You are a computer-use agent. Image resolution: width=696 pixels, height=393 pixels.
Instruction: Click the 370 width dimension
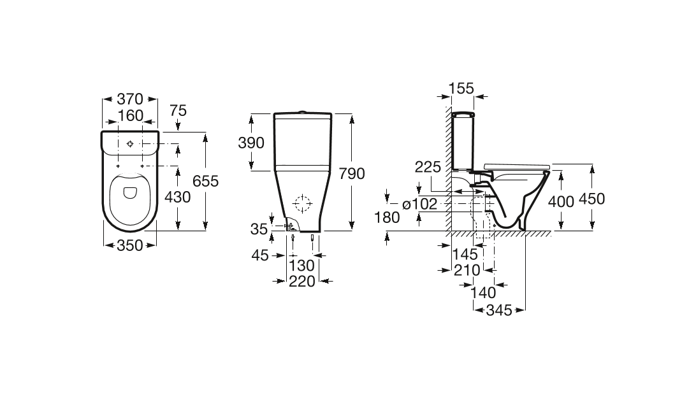tap(130, 99)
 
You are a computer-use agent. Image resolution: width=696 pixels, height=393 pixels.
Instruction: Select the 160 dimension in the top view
tap(130, 115)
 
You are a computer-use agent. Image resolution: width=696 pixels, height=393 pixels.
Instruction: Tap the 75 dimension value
tap(178, 110)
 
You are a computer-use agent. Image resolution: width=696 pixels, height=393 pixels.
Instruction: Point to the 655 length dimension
tap(205, 181)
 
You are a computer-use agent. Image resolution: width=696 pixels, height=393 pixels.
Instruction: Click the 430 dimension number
tap(178, 196)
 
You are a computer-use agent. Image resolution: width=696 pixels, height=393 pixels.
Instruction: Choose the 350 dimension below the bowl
tap(130, 245)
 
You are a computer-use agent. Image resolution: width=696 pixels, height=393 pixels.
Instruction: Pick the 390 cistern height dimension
tap(251, 143)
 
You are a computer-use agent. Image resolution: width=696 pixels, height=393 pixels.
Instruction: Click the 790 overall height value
tap(352, 173)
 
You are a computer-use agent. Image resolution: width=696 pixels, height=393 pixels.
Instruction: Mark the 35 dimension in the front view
tap(259, 229)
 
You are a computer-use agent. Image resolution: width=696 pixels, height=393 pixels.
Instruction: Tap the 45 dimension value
tap(260, 255)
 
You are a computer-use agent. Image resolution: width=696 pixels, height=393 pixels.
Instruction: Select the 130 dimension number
tap(302, 266)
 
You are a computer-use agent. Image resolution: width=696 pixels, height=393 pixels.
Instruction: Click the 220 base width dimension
tap(302, 281)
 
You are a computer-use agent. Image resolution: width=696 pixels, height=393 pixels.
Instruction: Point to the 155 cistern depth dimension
tap(461, 89)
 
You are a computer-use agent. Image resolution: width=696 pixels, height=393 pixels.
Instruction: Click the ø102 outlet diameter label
tap(419, 204)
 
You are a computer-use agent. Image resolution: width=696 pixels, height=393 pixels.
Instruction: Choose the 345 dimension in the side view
tap(499, 310)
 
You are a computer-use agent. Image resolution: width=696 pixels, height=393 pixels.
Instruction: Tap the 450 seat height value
tap(591, 199)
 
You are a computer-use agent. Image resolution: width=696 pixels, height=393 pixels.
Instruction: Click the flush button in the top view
tap(130, 144)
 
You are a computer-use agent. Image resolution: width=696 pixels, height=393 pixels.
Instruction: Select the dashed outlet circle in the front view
tap(303, 204)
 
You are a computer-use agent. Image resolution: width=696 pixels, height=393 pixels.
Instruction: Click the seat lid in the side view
tap(517, 166)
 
